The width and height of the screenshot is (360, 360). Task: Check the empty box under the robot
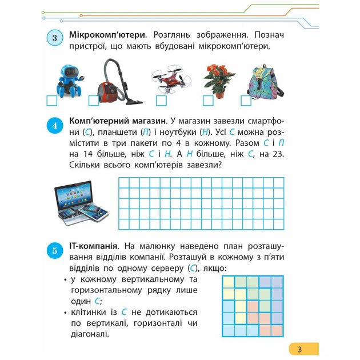(x=52, y=101)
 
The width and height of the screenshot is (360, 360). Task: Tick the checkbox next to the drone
(x=161, y=101)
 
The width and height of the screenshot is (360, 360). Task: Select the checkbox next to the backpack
(x=246, y=101)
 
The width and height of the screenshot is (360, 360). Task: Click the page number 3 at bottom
(x=298, y=349)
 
